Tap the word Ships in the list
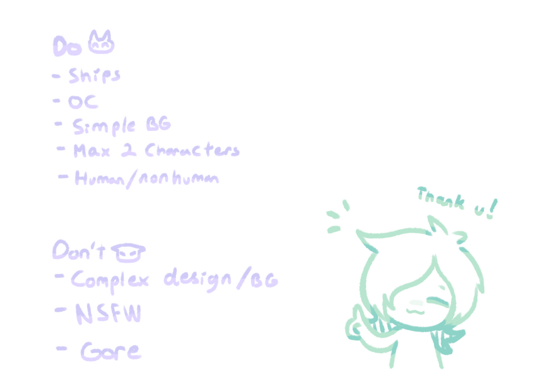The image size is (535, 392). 95,77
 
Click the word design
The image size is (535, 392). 197,280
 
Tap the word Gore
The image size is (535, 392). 111,351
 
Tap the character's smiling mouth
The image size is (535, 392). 416,310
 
